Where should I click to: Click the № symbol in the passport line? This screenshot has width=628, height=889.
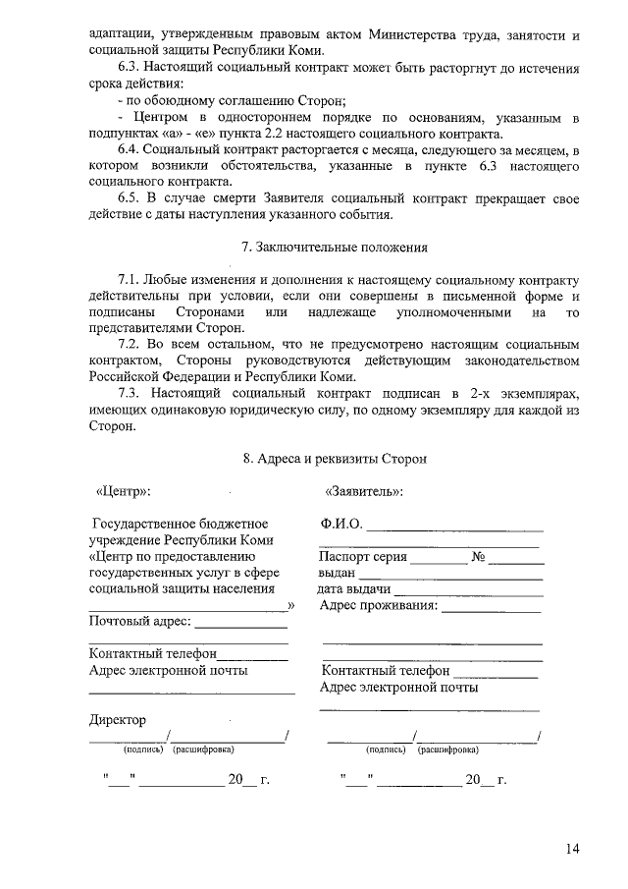[x=480, y=557]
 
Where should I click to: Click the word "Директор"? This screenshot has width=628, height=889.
[x=117, y=720]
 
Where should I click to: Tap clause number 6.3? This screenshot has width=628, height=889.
[x=131, y=70]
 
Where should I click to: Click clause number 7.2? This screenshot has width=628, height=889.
[x=131, y=345]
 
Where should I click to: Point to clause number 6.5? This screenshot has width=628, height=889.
[x=131, y=197]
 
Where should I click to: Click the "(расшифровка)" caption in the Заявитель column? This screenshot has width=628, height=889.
[x=447, y=750]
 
